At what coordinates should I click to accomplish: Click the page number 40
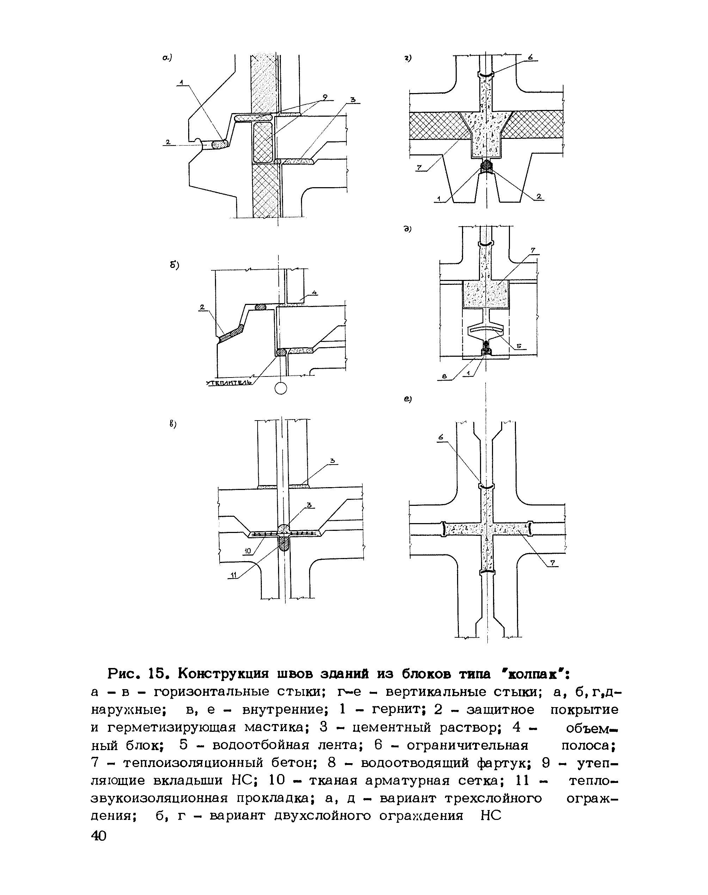[x=99, y=836]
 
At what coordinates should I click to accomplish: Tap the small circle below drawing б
[x=281, y=388]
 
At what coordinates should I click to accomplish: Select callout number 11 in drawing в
[x=233, y=575]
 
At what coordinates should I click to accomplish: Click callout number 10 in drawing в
[x=247, y=551]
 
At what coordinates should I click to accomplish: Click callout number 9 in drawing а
[x=325, y=97]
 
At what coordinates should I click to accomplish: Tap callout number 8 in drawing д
[x=445, y=376]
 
